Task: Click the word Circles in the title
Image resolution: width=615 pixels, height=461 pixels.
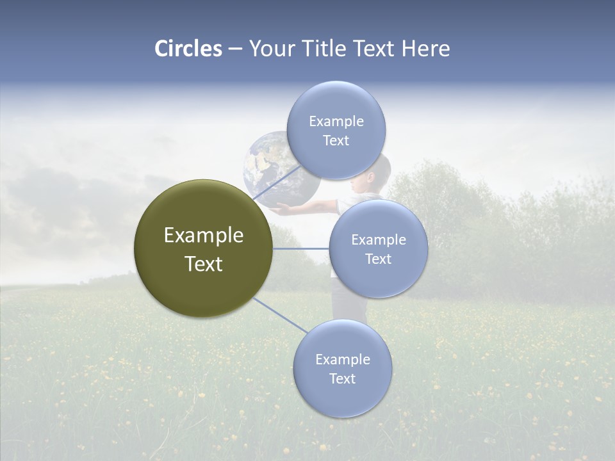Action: pyautogui.click(x=188, y=49)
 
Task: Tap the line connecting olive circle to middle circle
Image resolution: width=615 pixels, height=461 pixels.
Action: pyautogui.click(x=300, y=248)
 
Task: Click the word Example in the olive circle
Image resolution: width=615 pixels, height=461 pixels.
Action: pyautogui.click(x=204, y=236)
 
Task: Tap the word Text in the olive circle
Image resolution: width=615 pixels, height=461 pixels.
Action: pyautogui.click(x=204, y=264)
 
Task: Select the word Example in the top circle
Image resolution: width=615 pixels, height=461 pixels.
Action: pyautogui.click(x=336, y=121)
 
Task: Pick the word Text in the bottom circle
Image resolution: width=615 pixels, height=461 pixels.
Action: pyautogui.click(x=342, y=378)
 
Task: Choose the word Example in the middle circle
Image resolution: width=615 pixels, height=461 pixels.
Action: pyautogui.click(x=378, y=240)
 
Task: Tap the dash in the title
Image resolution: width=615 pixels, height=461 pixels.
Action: pyautogui.click(x=234, y=49)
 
